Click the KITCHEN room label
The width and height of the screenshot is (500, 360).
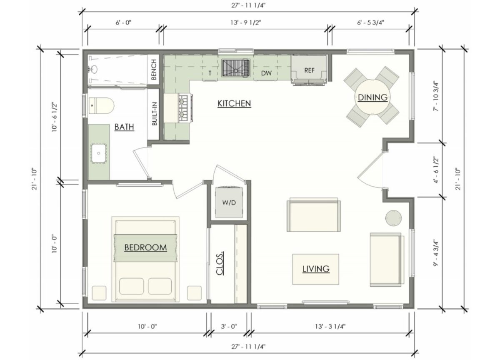(234, 103)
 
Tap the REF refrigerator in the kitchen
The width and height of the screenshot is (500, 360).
(309, 70)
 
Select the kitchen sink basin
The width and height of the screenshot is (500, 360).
(235, 68)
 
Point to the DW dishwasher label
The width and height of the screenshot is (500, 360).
(267, 73)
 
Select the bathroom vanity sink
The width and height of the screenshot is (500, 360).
(99, 152)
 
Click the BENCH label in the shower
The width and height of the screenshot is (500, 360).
(154, 70)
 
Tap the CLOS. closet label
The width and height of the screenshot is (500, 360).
(220, 263)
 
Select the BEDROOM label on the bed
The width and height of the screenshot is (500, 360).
(145, 247)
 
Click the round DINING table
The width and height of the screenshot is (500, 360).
(371, 97)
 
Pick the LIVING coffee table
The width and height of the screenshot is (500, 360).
(315, 269)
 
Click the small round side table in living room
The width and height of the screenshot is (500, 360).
(394, 217)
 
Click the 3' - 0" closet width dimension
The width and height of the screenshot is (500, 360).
(228, 326)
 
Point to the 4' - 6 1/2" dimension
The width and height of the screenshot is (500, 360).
(436, 170)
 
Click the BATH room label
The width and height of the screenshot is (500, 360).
(124, 127)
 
